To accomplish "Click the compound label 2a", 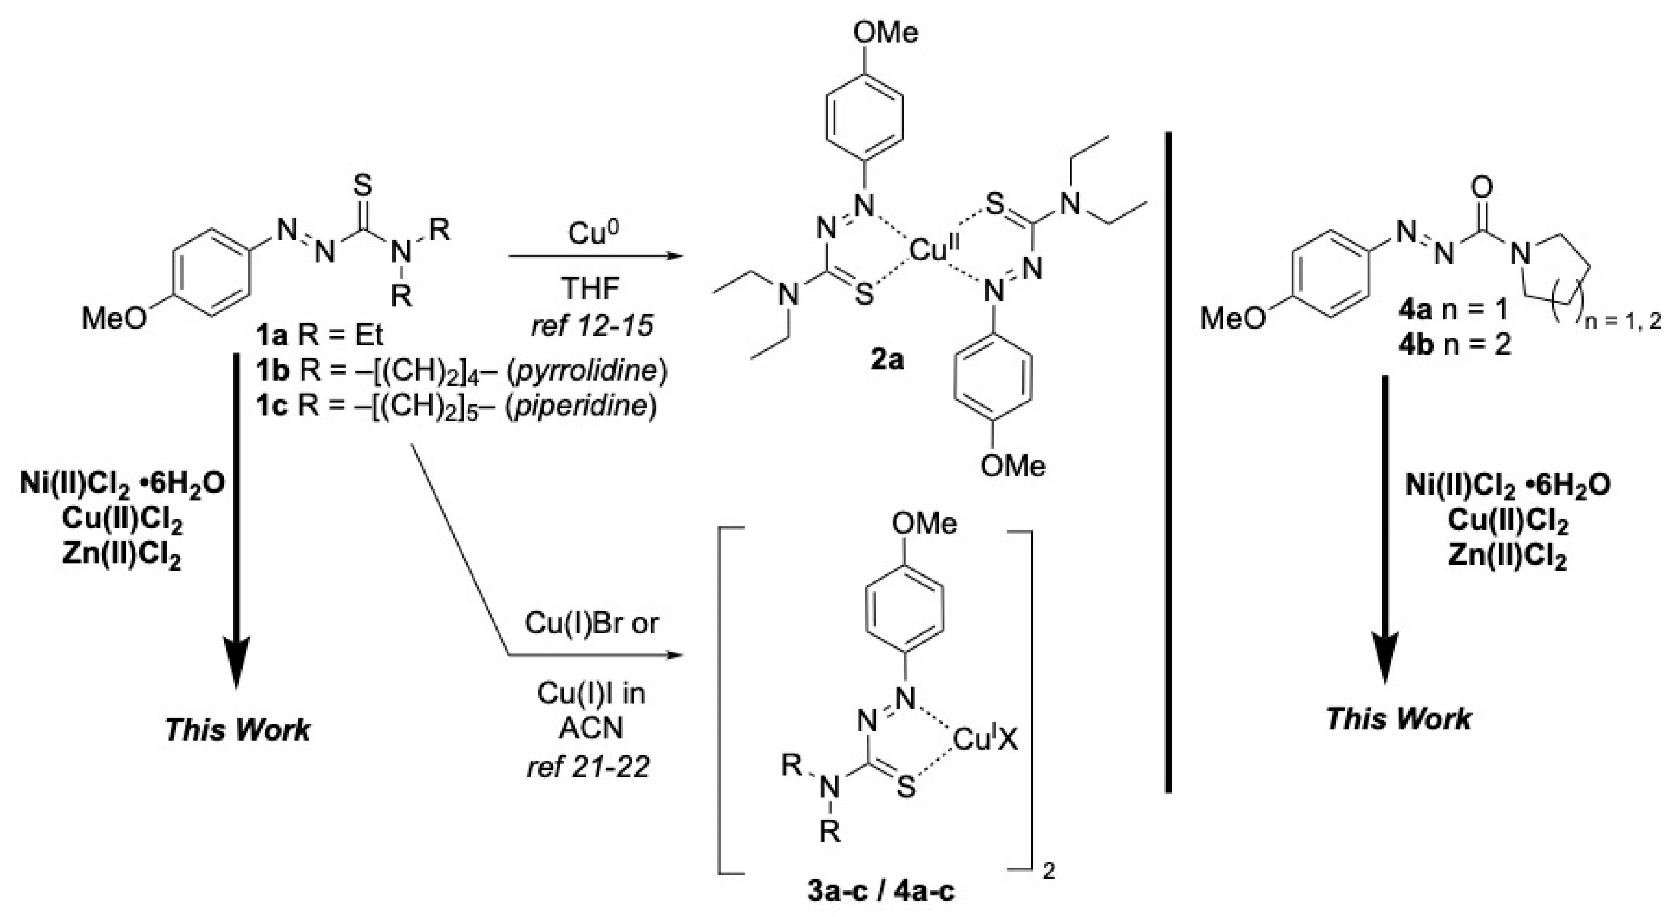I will coord(887,358).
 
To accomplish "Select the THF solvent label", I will coord(591,287).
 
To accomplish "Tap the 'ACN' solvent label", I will coord(591,729).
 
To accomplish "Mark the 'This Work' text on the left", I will coord(237,730).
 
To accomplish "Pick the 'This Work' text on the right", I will coord(1398,719).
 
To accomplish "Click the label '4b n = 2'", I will coord(1454,345).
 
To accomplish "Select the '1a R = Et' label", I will coord(319,336).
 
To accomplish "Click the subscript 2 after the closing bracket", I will coord(1048,872).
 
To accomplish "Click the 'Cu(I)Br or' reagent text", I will coord(591,623).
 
